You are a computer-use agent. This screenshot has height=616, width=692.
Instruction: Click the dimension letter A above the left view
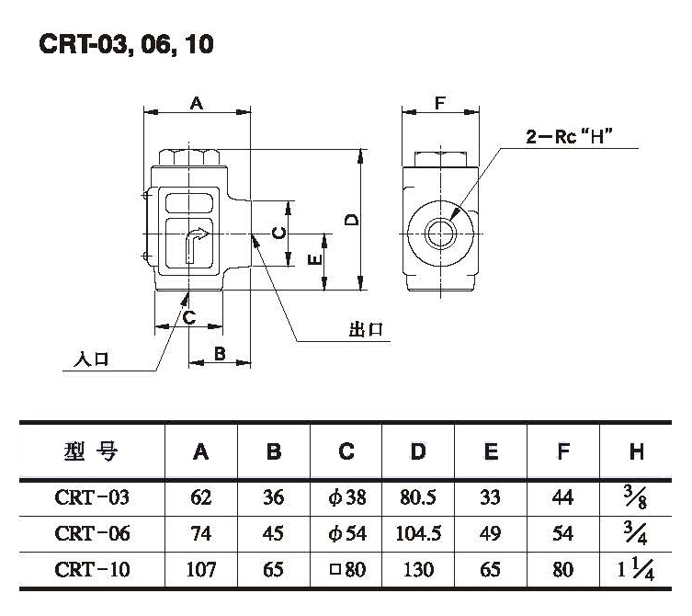point(196,104)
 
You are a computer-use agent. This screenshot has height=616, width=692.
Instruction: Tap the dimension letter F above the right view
point(440,104)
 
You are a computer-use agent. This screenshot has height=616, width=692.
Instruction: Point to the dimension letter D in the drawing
point(350,219)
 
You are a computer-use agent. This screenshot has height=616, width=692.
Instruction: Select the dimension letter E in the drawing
point(313,261)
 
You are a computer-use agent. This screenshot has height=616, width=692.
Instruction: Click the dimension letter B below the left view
point(220,353)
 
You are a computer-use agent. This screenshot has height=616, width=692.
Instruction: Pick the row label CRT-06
point(92,533)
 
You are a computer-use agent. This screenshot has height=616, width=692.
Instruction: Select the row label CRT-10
point(92,569)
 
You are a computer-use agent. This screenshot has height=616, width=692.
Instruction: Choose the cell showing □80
point(346,569)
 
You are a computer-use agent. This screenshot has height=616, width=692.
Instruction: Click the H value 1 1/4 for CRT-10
point(636,569)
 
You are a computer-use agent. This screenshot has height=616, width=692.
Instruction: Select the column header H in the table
point(636,451)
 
